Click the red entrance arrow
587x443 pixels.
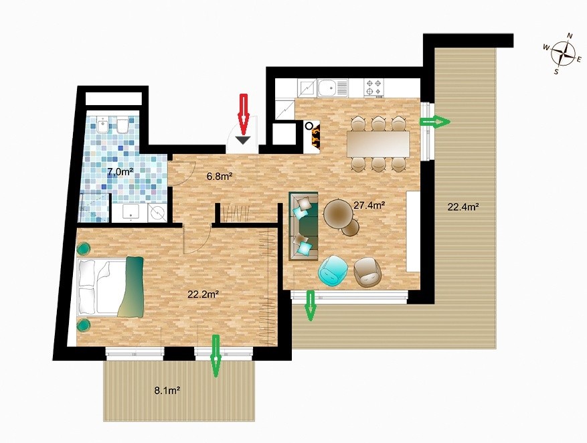244,114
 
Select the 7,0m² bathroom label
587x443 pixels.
120,172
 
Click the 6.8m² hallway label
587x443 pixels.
220,176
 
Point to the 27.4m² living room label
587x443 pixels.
370,205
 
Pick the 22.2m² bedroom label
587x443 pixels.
203,294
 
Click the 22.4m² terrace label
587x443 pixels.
464,207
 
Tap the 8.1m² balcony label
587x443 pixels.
168,391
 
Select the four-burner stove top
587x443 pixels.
374,87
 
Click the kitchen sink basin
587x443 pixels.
327,88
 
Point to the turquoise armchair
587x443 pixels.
333,271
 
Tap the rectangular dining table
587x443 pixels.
378,144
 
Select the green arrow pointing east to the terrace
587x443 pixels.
434,122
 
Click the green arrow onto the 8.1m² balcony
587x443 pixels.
216,356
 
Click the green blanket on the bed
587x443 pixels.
131,287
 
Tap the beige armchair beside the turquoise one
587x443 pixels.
367,272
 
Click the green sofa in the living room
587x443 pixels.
304,226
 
